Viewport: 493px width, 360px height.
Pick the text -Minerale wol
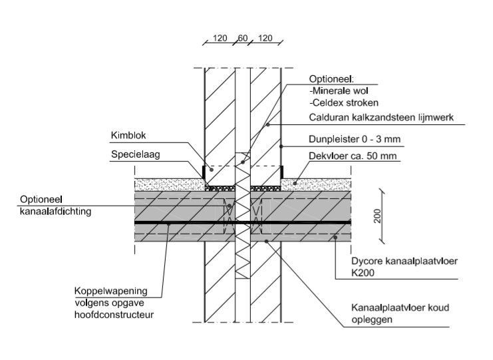[339, 90]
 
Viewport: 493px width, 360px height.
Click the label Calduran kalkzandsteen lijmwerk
[381, 118]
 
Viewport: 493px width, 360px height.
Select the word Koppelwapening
[111, 291]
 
